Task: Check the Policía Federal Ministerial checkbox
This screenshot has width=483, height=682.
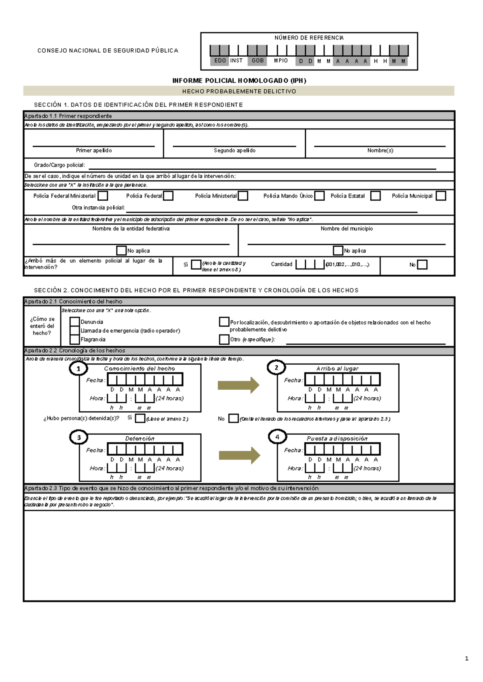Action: (x=103, y=196)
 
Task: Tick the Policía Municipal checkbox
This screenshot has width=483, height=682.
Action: (x=441, y=196)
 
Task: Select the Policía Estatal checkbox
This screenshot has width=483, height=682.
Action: (x=376, y=196)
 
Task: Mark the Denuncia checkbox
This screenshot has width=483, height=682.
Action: (x=74, y=322)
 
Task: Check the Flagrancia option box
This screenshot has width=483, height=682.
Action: (x=74, y=339)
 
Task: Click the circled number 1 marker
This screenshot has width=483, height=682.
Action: (x=78, y=368)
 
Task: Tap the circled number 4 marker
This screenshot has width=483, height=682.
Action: (x=277, y=437)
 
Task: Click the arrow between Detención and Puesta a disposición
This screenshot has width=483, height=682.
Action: (x=239, y=456)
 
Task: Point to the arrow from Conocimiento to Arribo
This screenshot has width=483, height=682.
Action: (x=239, y=385)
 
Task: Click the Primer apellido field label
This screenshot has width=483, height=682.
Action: (x=94, y=150)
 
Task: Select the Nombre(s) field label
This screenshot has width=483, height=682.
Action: (x=380, y=150)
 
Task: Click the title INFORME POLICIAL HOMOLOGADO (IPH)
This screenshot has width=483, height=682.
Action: (x=239, y=80)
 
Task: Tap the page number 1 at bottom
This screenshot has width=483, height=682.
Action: (x=466, y=658)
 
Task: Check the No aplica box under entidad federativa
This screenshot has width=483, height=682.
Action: (x=121, y=251)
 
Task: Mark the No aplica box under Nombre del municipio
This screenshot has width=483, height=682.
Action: (x=338, y=251)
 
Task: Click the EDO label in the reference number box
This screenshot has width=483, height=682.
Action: (x=220, y=61)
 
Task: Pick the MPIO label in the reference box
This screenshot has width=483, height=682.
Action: (x=281, y=61)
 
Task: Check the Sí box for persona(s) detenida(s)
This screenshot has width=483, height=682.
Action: (x=140, y=418)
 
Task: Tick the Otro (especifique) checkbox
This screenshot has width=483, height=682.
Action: (x=224, y=339)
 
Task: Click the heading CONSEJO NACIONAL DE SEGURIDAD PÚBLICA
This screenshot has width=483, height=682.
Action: (x=107, y=51)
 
